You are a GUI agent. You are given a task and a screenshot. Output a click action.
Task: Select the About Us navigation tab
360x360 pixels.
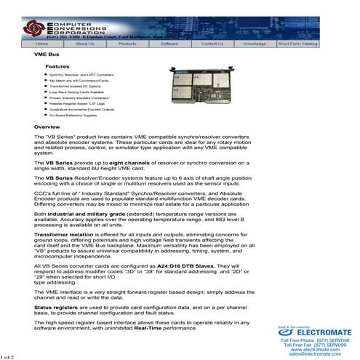click(x=85, y=44)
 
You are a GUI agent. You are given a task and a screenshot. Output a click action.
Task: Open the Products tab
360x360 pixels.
click(x=127, y=44)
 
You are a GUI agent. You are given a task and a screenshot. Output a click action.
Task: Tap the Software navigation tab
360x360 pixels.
click(x=169, y=44)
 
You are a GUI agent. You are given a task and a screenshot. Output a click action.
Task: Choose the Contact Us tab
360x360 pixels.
click(x=212, y=44)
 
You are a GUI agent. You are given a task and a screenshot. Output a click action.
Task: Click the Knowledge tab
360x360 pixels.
click(x=255, y=44)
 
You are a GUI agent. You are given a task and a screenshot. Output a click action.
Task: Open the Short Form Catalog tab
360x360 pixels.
click(x=297, y=44)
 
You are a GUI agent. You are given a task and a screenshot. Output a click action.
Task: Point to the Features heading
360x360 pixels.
click(x=57, y=66)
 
